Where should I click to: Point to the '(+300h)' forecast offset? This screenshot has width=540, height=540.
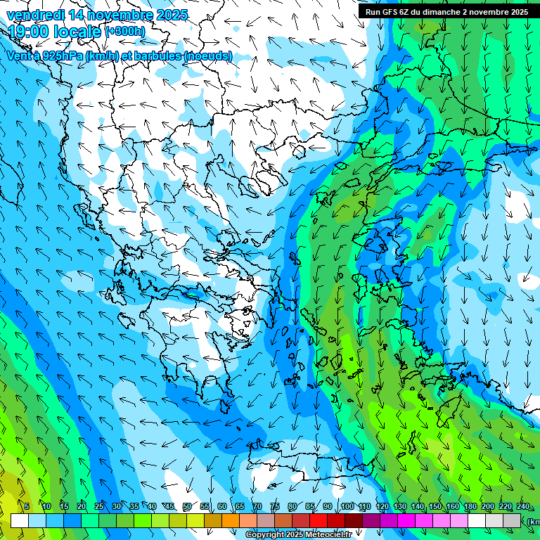(125, 32)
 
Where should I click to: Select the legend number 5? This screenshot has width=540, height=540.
(27, 507)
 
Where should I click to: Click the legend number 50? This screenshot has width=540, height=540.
(187, 507)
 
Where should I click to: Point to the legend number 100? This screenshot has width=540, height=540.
(347, 507)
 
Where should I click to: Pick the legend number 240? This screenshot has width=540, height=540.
(523, 507)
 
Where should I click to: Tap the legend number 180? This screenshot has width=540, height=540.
(469, 507)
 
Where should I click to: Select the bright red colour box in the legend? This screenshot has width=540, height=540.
(319, 520)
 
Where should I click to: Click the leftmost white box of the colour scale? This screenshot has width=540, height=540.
(20, 520)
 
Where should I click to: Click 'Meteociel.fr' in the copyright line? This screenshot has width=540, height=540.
(328, 535)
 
